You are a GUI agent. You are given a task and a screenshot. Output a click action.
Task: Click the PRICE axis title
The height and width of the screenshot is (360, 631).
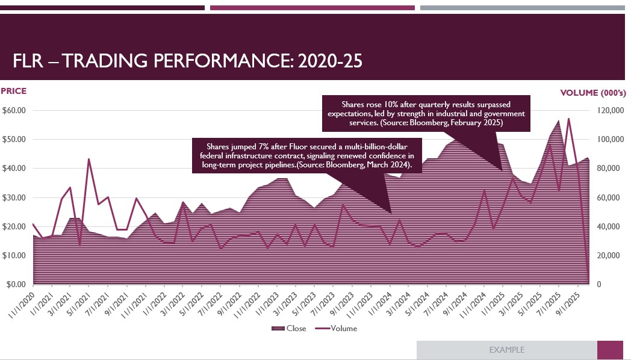13,92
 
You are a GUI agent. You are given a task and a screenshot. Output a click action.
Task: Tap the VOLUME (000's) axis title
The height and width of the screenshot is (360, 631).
593,93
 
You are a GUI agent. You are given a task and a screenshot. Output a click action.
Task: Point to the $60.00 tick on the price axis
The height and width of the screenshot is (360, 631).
14,110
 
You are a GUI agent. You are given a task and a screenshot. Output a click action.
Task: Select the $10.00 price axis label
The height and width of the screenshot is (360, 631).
14,255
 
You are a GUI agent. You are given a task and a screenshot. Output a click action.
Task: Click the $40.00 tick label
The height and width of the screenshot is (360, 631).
14,168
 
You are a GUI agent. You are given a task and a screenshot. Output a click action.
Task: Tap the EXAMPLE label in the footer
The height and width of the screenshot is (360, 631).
506,350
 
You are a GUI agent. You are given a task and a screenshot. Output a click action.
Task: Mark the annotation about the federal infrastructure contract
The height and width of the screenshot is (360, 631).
306,155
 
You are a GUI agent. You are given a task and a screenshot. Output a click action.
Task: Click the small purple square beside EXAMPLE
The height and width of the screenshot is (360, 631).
609,350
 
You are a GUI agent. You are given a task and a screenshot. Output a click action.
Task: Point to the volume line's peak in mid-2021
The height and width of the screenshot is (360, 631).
89,159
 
